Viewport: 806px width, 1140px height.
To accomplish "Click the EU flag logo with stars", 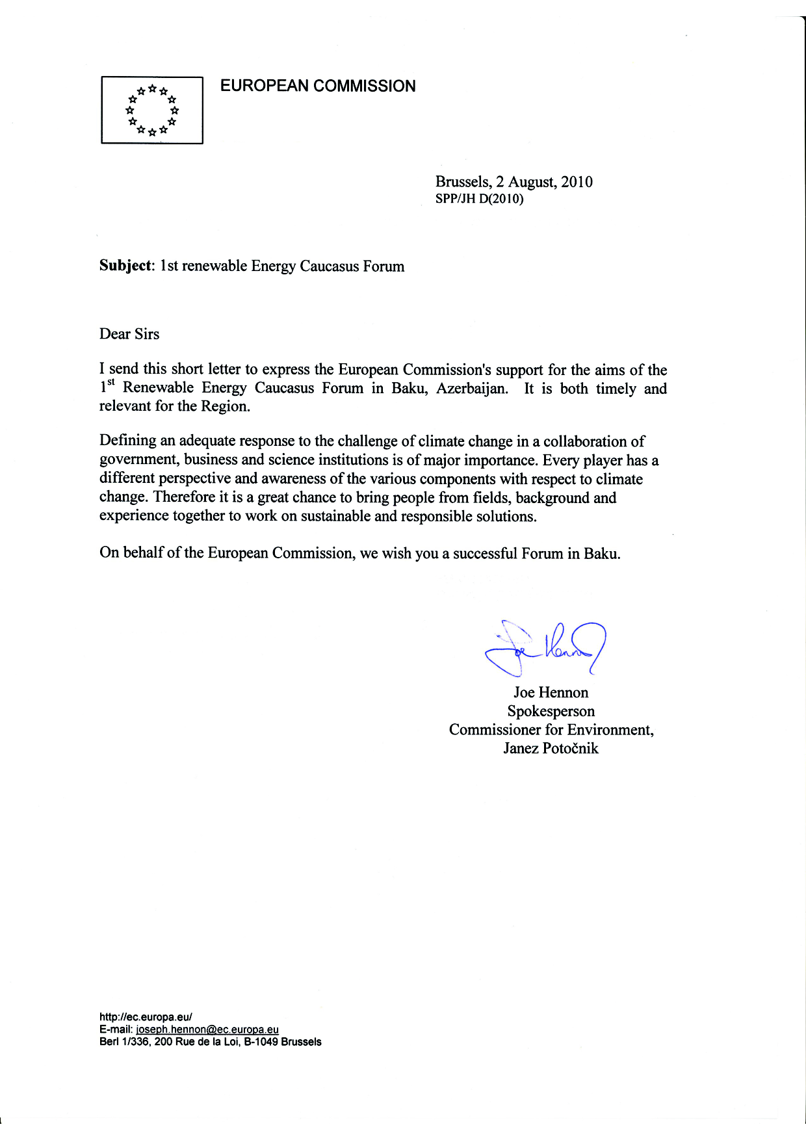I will pyautogui.click(x=152, y=110).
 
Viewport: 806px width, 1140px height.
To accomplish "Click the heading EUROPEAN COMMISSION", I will pyautogui.click(x=318, y=86).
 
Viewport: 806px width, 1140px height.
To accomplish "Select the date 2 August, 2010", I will pyautogui.click(x=544, y=182).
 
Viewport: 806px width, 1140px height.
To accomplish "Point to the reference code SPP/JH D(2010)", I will pyautogui.click(x=479, y=199).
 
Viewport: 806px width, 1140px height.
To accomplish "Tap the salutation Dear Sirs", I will pyautogui.click(x=129, y=334).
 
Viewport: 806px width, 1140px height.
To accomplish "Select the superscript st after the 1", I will pyautogui.click(x=111, y=382).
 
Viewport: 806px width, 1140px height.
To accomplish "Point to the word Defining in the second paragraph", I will pyautogui.click(x=128, y=441).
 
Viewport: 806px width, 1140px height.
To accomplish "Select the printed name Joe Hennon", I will pyautogui.click(x=551, y=693).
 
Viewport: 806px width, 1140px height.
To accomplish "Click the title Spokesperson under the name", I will pyautogui.click(x=551, y=712).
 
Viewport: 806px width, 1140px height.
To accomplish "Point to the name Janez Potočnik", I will pyautogui.click(x=551, y=749).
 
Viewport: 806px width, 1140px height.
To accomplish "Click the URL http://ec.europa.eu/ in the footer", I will pyautogui.click(x=146, y=1017).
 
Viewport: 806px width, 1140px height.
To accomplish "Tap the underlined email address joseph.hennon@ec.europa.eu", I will pyautogui.click(x=207, y=1030).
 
